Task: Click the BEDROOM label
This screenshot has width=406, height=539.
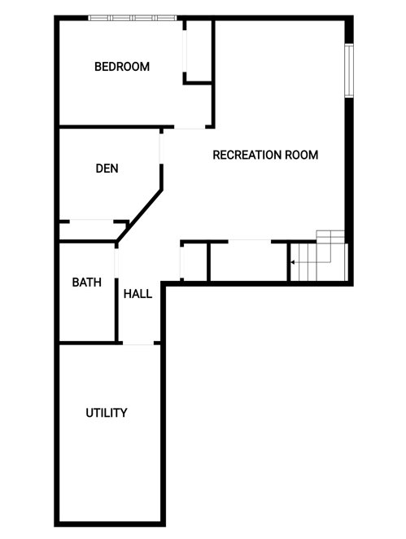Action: [x=122, y=66]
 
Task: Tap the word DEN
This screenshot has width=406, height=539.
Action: [x=107, y=169]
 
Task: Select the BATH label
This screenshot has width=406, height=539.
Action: [x=87, y=283]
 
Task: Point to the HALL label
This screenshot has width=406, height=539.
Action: [x=138, y=294]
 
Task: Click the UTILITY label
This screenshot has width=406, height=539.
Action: [x=107, y=413]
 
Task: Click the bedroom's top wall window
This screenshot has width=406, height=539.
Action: [x=133, y=18]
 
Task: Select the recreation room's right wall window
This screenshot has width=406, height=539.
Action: [x=349, y=71]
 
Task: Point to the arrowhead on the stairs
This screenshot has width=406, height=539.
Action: [x=292, y=262]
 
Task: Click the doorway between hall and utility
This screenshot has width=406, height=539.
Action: [x=138, y=343]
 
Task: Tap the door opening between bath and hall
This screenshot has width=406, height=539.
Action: [x=116, y=263]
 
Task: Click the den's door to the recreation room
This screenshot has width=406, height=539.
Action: [x=161, y=148]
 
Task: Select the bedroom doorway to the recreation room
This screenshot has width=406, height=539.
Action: [x=190, y=127]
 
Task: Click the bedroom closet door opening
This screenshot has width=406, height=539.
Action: [x=185, y=51]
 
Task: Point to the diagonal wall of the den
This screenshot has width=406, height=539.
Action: [x=139, y=215]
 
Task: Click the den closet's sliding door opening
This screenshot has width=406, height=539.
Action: [x=92, y=221]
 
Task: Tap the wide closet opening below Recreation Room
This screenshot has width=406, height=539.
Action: [x=249, y=242]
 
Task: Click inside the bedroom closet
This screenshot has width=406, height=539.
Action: [x=199, y=51]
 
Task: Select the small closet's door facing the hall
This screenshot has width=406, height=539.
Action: [x=182, y=262]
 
